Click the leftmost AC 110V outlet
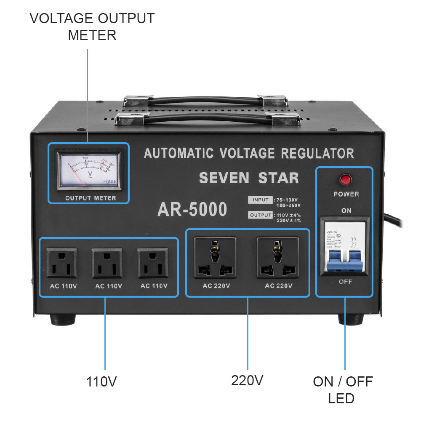click(x=62, y=263)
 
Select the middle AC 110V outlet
click(x=107, y=263)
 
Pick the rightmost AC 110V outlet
click(x=152, y=263)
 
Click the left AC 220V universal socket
click(x=215, y=258)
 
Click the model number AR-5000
click(x=192, y=209)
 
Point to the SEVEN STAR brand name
click(x=249, y=178)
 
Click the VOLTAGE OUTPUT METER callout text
click(x=92, y=27)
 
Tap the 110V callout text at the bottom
click(x=101, y=382)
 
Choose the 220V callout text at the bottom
click(x=247, y=381)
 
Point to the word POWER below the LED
click(x=346, y=194)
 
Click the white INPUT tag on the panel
click(x=260, y=200)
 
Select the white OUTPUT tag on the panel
click(x=260, y=215)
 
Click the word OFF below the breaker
click(x=346, y=282)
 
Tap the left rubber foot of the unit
click(x=63, y=320)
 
